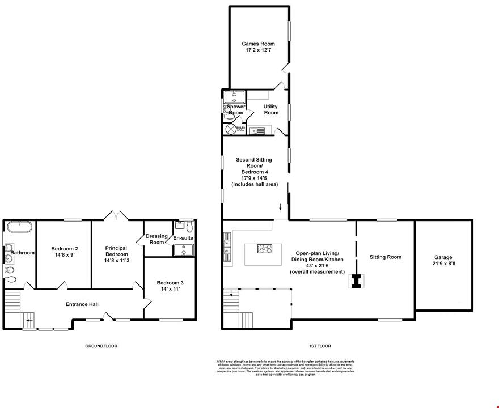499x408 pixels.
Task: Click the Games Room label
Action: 258,43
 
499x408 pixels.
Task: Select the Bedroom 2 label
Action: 65,248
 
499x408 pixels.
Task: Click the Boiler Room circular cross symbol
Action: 231,130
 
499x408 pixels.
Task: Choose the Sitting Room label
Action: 386,257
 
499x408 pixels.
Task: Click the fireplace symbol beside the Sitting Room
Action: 356,281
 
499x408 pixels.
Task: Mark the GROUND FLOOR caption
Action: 101,346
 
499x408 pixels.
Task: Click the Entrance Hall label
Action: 82,304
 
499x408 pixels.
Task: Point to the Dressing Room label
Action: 157,239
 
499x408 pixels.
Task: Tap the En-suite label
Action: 183,238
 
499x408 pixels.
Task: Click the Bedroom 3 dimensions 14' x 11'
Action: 170,289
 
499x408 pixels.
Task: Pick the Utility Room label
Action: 270,109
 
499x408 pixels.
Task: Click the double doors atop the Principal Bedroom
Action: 115,215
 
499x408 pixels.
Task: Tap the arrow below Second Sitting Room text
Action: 280,207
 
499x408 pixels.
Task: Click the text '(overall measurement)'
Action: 317,272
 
